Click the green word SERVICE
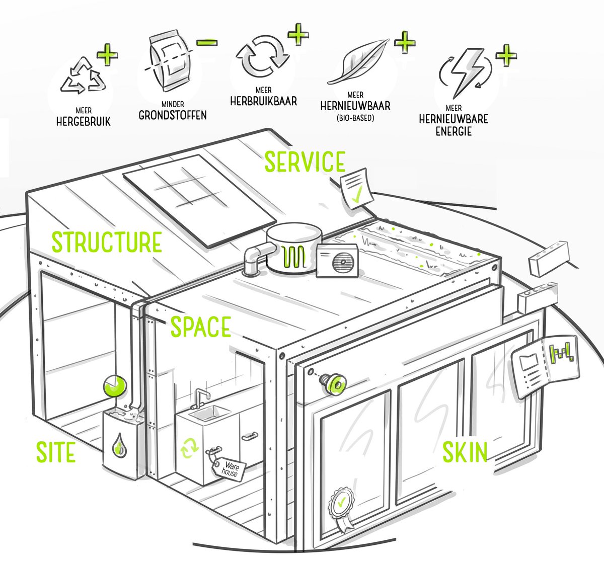point(305,162)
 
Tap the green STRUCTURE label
point(107,243)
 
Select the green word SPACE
point(201,327)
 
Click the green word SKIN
point(465,451)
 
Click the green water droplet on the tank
point(119,445)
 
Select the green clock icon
point(114,386)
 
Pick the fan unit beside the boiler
point(338,262)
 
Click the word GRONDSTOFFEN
point(172,115)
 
